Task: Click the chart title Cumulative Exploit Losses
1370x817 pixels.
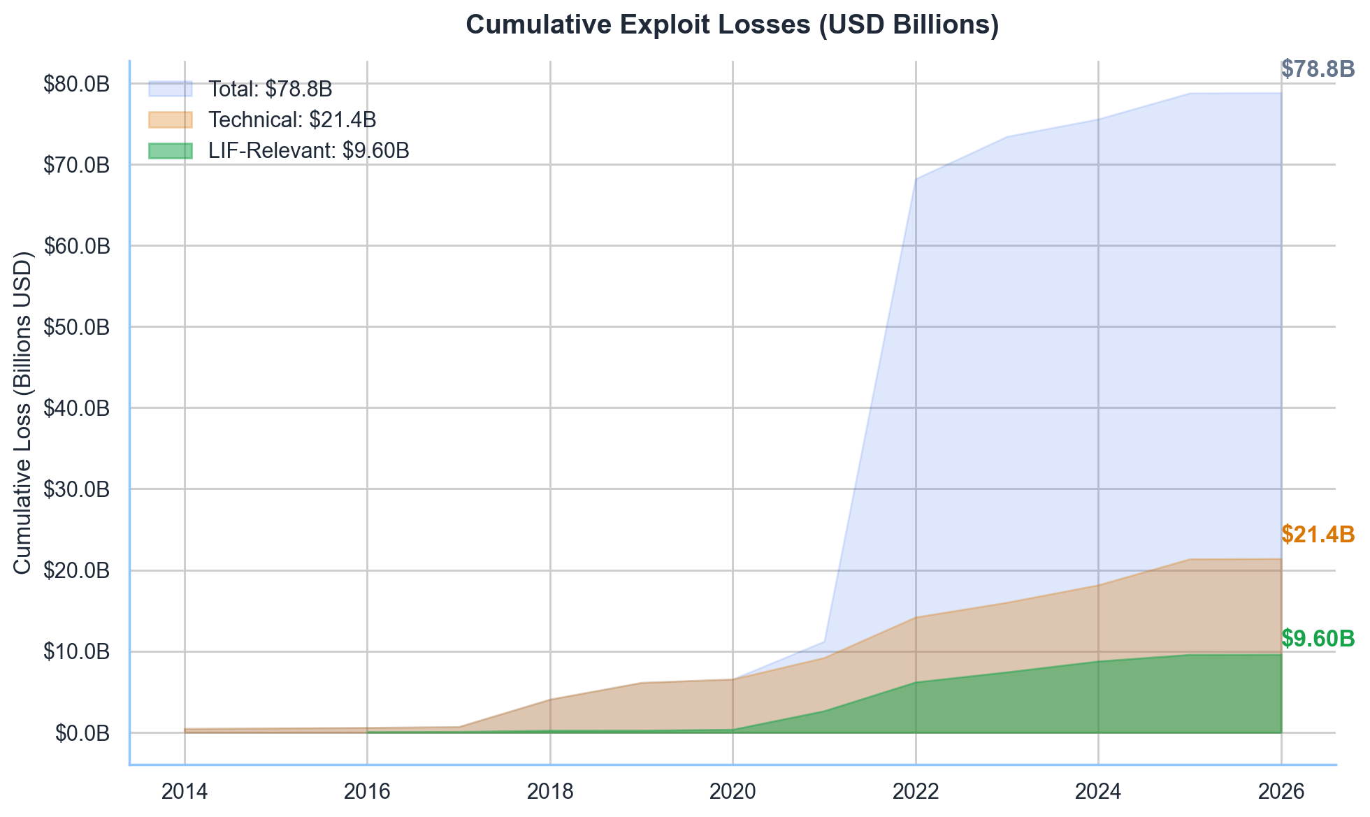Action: pos(732,25)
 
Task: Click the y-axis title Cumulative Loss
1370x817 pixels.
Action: pos(22,412)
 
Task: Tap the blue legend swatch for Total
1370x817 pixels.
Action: pos(170,89)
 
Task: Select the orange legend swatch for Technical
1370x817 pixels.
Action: pos(170,120)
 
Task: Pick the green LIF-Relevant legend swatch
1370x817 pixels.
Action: pos(170,150)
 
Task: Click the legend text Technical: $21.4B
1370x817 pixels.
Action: pos(292,120)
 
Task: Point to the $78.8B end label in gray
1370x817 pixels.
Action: pos(1318,68)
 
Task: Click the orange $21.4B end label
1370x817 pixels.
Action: pos(1318,535)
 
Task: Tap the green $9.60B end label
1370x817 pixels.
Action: pos(1318,638)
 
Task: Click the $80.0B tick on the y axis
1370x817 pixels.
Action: pos(76,84)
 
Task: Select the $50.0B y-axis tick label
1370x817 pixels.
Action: pos(76,327)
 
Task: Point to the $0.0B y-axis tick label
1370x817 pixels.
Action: pos(82,733)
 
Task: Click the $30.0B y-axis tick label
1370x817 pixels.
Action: pos(76,489)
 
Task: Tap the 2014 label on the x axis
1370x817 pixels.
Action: pos(185,791)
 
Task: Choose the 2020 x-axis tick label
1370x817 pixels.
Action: pos(733,791)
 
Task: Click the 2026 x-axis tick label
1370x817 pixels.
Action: pos(1281,791)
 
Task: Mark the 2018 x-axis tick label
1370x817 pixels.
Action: pos(550,791)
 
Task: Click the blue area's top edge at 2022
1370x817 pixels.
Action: pos(916,178)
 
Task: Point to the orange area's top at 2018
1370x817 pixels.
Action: pos(550,698)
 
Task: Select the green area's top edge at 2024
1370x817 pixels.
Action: pos(1098,660)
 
